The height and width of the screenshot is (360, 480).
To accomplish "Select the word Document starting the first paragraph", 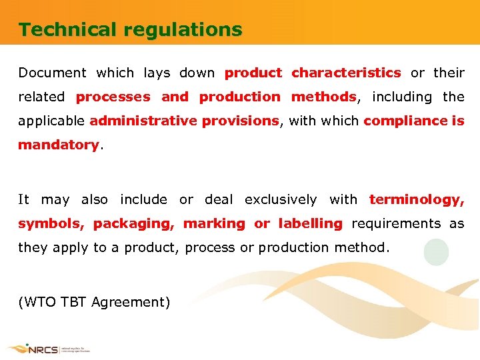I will click(x=52, y=73).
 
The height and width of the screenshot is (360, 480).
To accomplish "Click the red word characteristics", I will click(x=346, y=73).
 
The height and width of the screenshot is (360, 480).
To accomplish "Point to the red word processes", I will click(x=113, y=97).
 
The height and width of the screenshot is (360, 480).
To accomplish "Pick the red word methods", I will click(x=323, y=97).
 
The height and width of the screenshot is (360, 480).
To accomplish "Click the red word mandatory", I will click(x=58, y=145).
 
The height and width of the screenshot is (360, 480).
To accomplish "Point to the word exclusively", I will click(x=281, y=199).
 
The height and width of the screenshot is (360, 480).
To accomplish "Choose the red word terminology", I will click(x=416, y=199).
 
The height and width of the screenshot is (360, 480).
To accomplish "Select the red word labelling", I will click(x=310, y=223).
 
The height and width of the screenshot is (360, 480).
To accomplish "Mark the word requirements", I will click(x=396, y=223).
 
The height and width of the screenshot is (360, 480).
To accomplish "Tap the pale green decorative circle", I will click(x=436, y=253).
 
